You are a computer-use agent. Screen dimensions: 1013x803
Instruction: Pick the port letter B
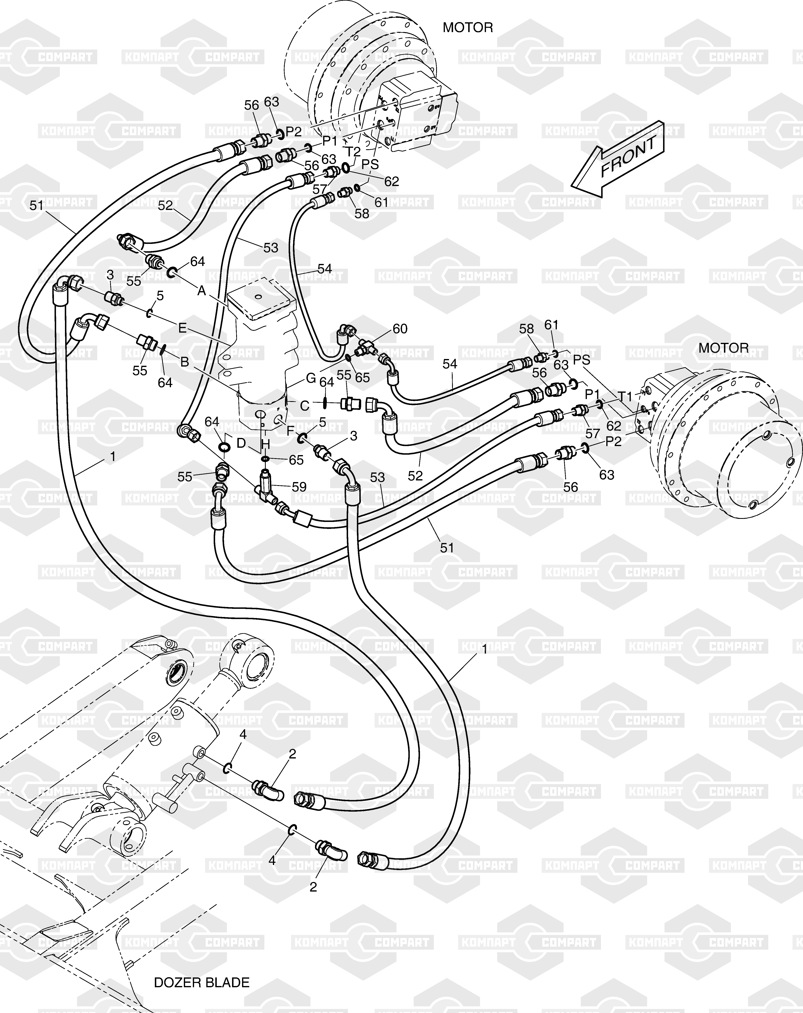[x=184, y=362]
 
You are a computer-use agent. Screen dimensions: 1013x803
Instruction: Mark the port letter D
[x=241, y=443]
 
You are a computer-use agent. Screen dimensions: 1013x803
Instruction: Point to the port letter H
[x=265, y=444]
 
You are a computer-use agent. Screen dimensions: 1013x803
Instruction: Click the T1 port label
[x=625, y=397]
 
